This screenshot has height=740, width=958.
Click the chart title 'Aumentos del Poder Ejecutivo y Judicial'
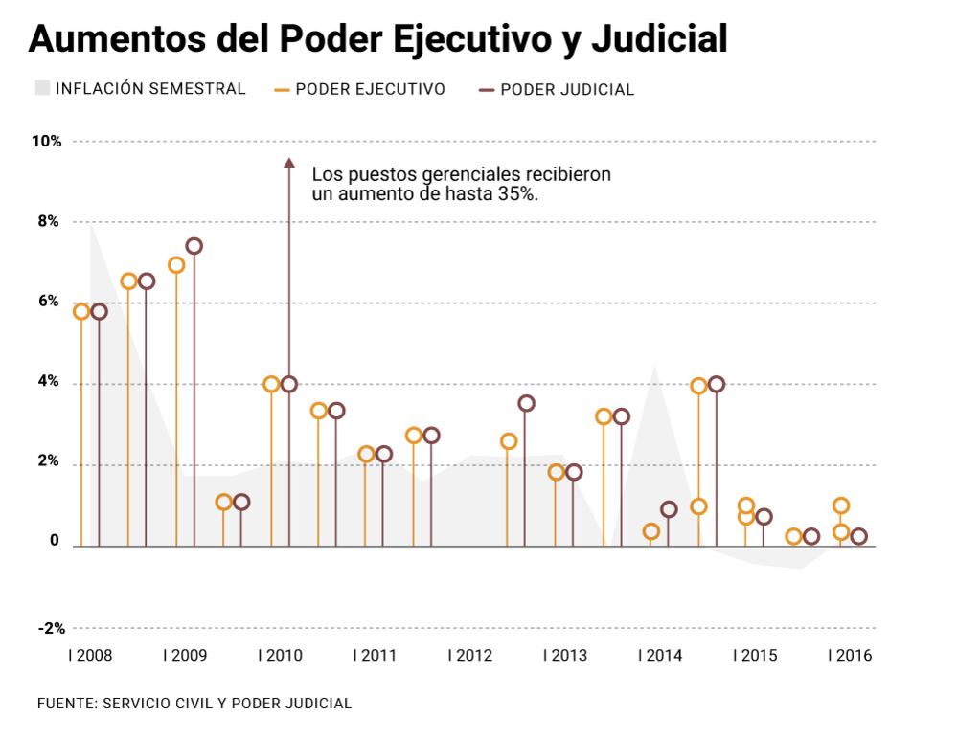pyautogui.click(x=378, y=38)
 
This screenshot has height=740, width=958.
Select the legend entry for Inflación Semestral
pyautogui.click(x=141, y=89)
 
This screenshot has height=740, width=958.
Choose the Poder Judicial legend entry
pyautogui.click(x=557, y=90)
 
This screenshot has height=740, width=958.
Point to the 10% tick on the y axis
pyautogui.click(x=47, y=142)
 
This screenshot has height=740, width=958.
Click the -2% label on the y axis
pyautogui.click(x=52, y=629)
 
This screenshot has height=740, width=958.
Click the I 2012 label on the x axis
pyautogui.click(x=469, y=656)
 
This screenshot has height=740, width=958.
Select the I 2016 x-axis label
pyautogui.click(x=850, y=656)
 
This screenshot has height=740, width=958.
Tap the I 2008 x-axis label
pyautogui.click(x=89, y=656)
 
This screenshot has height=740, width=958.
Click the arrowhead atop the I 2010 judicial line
pyautogui.click(x=288, y=163)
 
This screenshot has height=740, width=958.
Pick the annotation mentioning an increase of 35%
pyautogui.click(x=461, y=184)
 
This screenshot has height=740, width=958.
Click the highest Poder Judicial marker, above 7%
pyautogui.click(x=194, y=246)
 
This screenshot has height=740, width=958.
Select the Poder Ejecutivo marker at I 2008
pyautogui.click(x=81, y=311)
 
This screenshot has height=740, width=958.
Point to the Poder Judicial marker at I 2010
pyautogui.click(x=289, y=384)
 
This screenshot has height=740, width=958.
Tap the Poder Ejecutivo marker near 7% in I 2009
pyautogui.click(x=176, y=265)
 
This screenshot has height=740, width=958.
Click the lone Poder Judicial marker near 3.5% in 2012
pyautogui.click(x=526, y=403)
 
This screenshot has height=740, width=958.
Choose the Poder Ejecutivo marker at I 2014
pyautogui.click(x=651, y=531)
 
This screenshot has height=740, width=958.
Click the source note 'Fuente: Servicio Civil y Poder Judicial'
pyautogui.click(x=194, y=704)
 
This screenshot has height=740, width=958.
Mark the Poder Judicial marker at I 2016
pyautogui.click(x=858, y=536)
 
